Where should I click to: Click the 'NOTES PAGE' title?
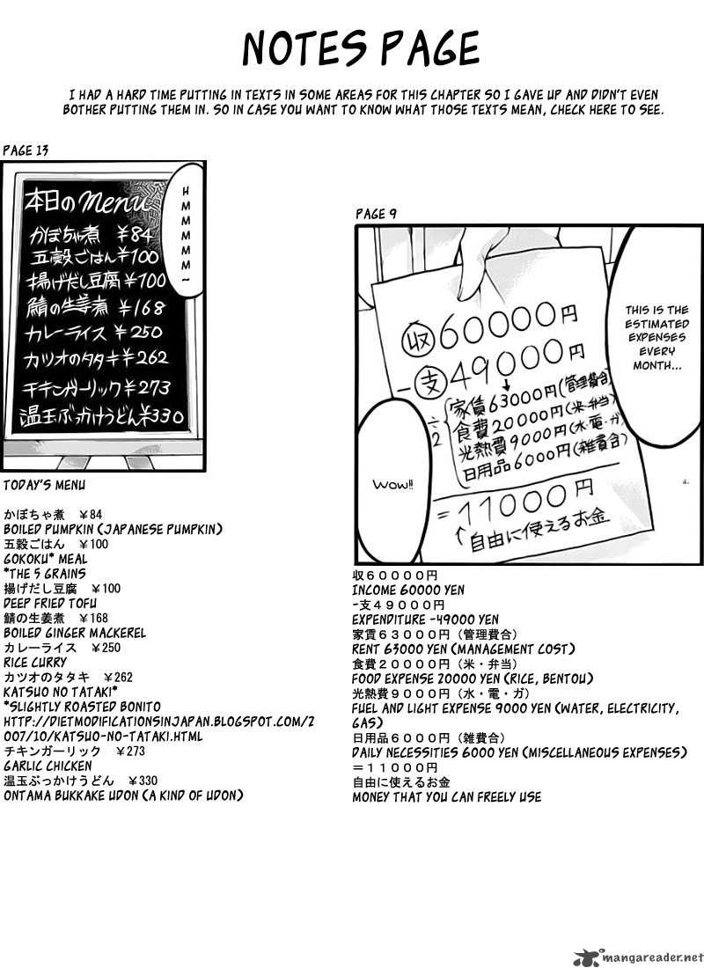click(x=361, y=48)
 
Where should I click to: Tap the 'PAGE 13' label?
click(x=26, y=150)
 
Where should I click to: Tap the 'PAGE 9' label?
click(x=376, y=214)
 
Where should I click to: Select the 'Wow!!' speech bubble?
click(x=387, y=484)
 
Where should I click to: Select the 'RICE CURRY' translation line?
click(x=35, y=662)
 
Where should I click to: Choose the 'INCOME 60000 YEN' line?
click(x=408, y=590)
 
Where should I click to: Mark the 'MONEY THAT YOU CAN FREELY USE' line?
click(x=446, y=797)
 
